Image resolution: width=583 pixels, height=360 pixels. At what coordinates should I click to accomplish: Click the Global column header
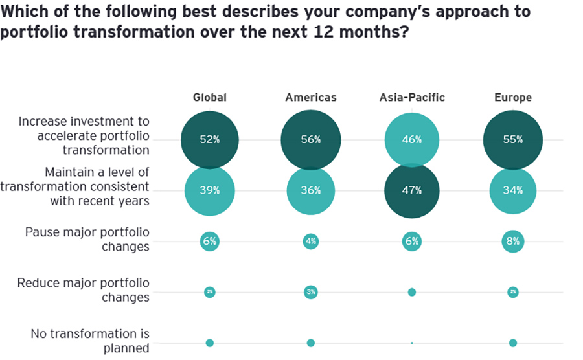pyautogui.click(x=210, y=98)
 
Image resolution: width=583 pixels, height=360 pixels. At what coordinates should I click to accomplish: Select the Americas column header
pyautogui.click(x=311, y=98)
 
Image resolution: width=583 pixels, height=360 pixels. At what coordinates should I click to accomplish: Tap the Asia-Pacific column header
pyautogui.click(x=412, y=98)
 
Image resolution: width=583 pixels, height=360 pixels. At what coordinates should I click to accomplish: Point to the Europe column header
pyautogui.click(x=512, y=98)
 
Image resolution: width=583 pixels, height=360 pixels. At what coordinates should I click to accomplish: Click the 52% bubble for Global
pyautogui.click(x=210, y=140)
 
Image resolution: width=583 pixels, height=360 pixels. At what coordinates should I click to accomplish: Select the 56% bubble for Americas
pyautogui.click(x=311, y=140)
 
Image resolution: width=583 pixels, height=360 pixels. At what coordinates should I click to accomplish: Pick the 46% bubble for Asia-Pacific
pyautogui.click(x=412, y=140)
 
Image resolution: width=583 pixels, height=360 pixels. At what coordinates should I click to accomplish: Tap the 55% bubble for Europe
pyautogui.click(x=512, y=140)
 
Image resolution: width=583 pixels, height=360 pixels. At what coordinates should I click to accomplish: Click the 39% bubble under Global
pyautogui.click(x=210, y=190)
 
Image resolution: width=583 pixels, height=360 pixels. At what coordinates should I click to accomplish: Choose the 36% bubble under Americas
pyautogui.click(x=311, y=190)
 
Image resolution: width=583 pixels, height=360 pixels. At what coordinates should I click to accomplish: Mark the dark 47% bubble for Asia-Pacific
pyautogui.click(x=412, y=190)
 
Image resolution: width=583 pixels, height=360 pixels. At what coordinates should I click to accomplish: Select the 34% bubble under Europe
pyautogui.click(x=512, y=190)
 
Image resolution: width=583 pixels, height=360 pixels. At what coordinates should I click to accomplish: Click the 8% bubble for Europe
pyautogui.click(x=512, y=242)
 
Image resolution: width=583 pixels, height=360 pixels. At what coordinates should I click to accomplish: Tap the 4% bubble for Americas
pyautogui.click(x=311, y=242)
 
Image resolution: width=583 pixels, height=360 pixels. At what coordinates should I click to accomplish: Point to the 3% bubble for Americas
pyautogui.click(x=311, y=292)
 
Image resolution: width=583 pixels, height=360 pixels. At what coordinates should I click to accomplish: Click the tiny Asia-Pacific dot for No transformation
pyautogui.click(x=412, y=343)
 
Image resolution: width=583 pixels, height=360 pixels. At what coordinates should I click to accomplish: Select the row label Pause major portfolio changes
pyautogui.click(x=87, y=239)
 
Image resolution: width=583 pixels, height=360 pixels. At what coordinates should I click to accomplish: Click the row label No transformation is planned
pyautogui.click(x=90, y=341)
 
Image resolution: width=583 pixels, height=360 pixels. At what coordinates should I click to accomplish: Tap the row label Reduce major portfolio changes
pyautogui.click(x=84, y=290)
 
